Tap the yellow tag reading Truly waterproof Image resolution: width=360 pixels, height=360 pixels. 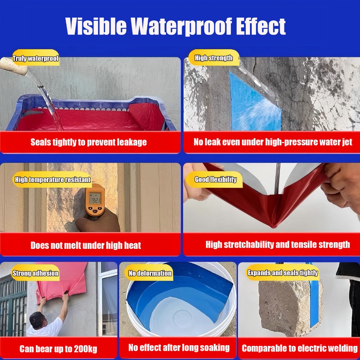[x=36, y=58]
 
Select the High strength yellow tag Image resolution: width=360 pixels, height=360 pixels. [x=214, y=58]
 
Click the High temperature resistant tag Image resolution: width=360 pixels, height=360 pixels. [x=53, y=180]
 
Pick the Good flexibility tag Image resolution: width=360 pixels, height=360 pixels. [x=215, y=179]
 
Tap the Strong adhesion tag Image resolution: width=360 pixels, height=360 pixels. [x=36, y=273]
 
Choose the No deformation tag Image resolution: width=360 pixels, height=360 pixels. [x=150, y=273]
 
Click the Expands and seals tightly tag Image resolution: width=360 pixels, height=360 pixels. [x=283, y=272]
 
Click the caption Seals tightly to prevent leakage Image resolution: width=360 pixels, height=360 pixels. [x=89, y=142]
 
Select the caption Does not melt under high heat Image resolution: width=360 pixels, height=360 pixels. [x=86, y=245]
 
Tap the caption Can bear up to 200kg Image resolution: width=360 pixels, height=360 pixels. [x=58, y=349]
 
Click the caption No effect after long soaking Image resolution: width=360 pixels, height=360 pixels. [x=179, y=348]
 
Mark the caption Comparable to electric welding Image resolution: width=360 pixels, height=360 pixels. [x=300, y=348]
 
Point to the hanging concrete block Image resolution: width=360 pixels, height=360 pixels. [x=291, y=308]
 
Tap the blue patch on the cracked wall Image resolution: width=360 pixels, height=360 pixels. [x=255, y=103]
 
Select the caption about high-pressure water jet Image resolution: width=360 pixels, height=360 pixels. [x=273, y=142]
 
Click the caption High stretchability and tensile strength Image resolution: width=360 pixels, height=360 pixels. [x=278, y=245]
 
